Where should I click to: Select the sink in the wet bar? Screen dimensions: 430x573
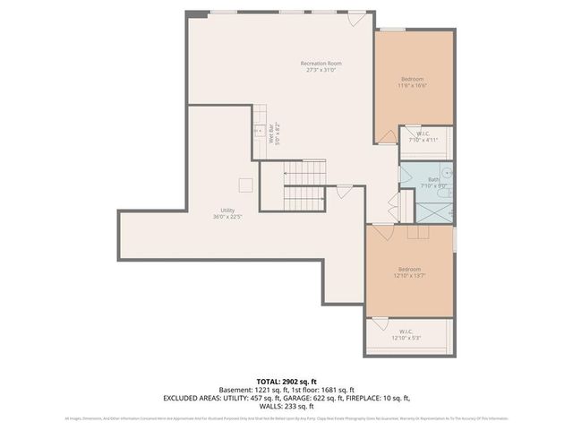pyautogui.click(x=260, y=132)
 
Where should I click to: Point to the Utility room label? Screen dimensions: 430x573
pyautogui.click(x=223, y=212)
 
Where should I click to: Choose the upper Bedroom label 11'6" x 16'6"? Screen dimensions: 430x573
pyautogui.click(x=413, y=82)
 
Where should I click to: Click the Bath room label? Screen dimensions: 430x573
pyautogui.click(x=432, y=182)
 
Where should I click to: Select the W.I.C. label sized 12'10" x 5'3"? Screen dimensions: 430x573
pyautogui.click(x=406, y=335)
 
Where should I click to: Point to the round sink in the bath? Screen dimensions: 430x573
pyautogui.click(x=448, y=173)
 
